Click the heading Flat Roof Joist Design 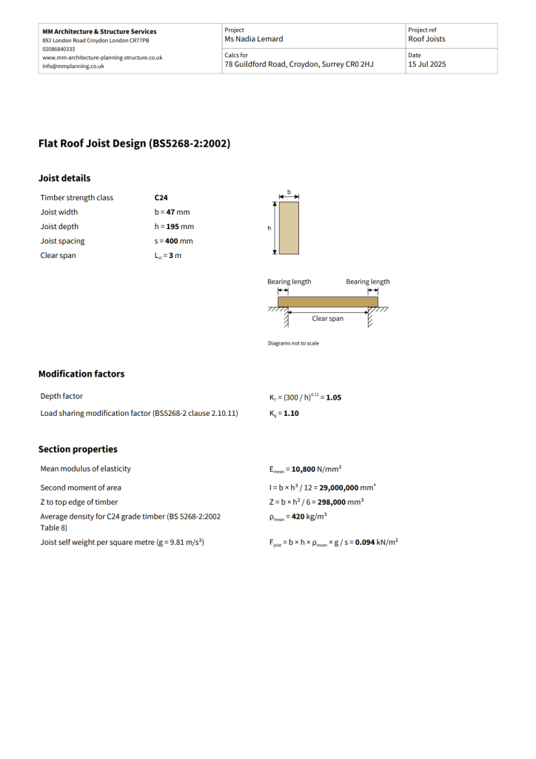click(134, 144)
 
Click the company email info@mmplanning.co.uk click(73, 66)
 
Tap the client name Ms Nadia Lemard click(253, 39)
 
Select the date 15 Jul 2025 click(426, 64)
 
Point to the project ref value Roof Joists click(426, 39)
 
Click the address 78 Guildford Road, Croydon click(298, 64)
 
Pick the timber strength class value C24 click(161, 198)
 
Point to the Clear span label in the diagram click(327, 319)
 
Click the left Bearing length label click(289, 282)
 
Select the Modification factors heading click(81, 374)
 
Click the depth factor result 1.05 click(333, 397)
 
